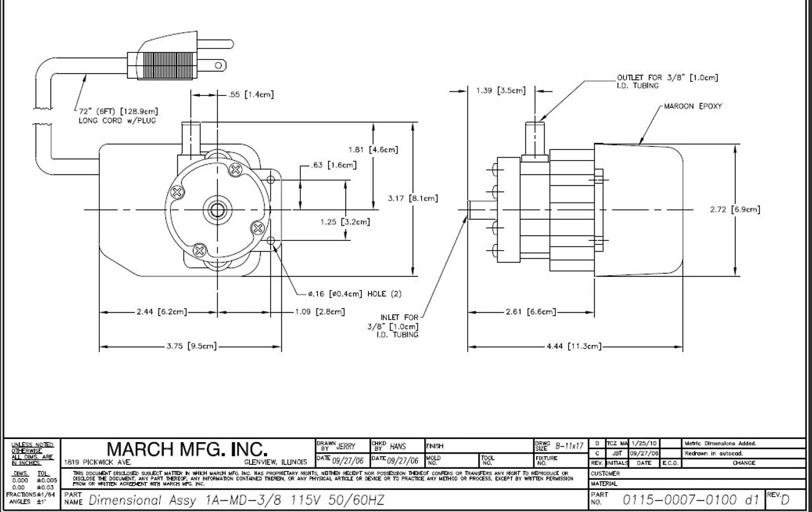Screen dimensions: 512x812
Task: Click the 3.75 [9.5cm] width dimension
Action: pyautogui.click(x=191, y=347)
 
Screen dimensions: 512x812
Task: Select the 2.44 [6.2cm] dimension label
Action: pyautogui.click(x=161, y=312)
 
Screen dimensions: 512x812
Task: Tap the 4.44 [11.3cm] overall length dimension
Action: pyautogui.click(x=573, y=347)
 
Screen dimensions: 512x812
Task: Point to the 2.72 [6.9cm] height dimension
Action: pyautogui.click(x=735, y=210)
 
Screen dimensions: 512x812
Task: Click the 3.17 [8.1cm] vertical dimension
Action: pyautogui.click(x=412, y=199)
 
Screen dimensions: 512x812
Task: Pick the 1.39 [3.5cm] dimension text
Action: pyautogui.click(x=501, y=91)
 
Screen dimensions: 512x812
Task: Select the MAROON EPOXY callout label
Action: pyautogui.click(x=693, y=106)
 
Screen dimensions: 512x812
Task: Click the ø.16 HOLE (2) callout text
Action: pyautogui.click(x=354, y=293)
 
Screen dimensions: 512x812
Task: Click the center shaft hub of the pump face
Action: pyautogui.click(x=218, y=209)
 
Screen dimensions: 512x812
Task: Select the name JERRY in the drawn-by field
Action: pyautogui.click(x=345, y=447)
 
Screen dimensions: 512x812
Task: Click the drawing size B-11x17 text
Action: pyautogui.click(x=568, y=447)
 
